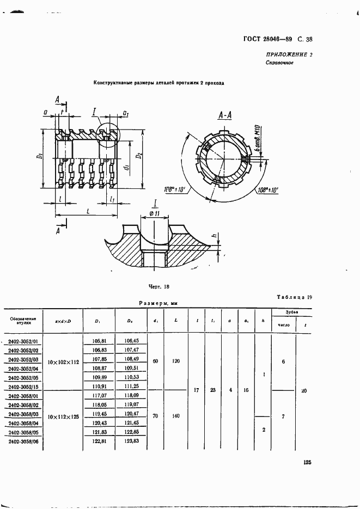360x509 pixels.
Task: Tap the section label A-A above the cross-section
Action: pyautogui.click(x=225, y=114)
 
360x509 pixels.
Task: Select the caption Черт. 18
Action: pyautogui.click(x=159, y=285)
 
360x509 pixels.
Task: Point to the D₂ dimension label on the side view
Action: pyautogui.click(x=139, y=156)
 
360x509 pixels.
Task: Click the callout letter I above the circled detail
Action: pyautogui.click(x=94, y=112)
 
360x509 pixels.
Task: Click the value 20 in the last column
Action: pyautogui.click(x=303, y=390)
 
